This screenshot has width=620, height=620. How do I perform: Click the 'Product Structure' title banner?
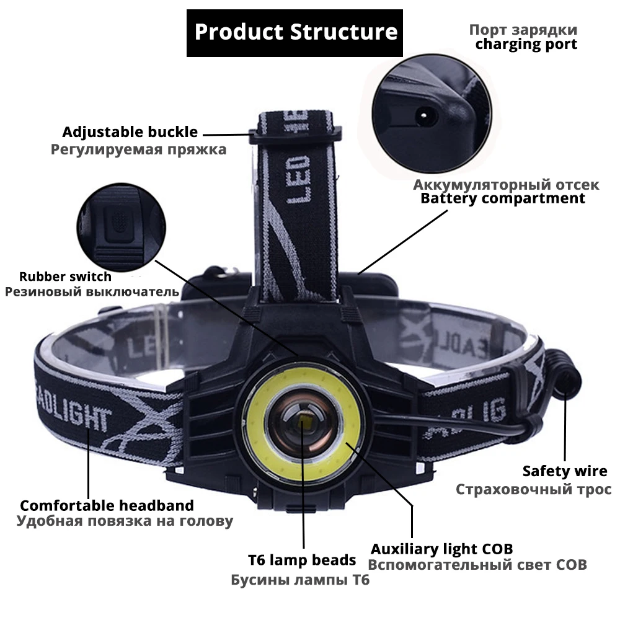click(295, 32)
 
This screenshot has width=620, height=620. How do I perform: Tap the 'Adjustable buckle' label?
click(130, 132)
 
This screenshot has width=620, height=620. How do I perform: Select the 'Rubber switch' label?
click(65, 277)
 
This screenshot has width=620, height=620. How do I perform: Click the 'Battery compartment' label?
click(503, 198)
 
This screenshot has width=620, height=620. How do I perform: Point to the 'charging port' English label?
click(526, 45)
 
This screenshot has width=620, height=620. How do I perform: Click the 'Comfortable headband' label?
click(107, 505)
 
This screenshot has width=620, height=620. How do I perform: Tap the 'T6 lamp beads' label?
click(302, 560)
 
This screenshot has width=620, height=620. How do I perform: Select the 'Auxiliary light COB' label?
click(441, 549)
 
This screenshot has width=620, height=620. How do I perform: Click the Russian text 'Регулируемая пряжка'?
click(138, 149)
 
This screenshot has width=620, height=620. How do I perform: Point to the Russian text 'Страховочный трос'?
click(534, 489)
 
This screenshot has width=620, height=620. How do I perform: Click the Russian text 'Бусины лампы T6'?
click(300, 581)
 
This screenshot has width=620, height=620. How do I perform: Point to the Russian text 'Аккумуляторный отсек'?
click(506, 185)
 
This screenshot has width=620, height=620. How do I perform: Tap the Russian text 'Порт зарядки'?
click(531, 30)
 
